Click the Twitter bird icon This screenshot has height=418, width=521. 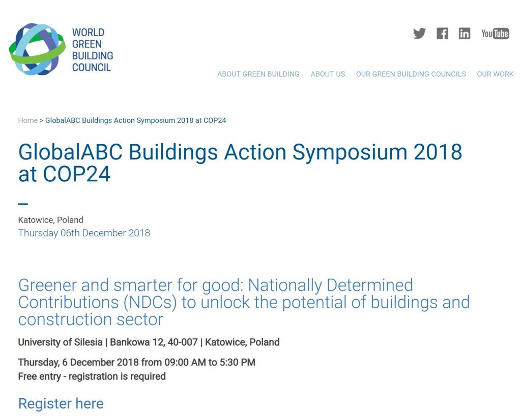click(419, 34)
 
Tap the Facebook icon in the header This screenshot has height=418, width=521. click(442, 34)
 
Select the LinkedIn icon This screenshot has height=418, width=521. click(465, 34)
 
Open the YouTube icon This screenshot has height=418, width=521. click(495, 34)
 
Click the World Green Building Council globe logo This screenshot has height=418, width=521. click(37, 49)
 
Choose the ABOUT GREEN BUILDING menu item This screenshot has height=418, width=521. click(258, 74)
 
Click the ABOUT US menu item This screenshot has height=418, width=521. click(328, 74)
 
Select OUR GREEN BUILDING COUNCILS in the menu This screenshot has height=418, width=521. click(411, 74)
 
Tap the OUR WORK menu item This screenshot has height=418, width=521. click(495, 74)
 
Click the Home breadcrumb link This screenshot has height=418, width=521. click(28, 120)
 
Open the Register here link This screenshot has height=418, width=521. click(61, 404)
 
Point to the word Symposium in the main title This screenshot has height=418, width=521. click(350, 152)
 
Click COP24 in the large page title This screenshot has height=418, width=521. click(76, 174)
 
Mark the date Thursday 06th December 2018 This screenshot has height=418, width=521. click(84, 233)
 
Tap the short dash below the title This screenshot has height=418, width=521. click(23, 204)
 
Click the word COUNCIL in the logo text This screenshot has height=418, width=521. click(92, 68)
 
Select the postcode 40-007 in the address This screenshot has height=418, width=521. click(183, 342)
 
